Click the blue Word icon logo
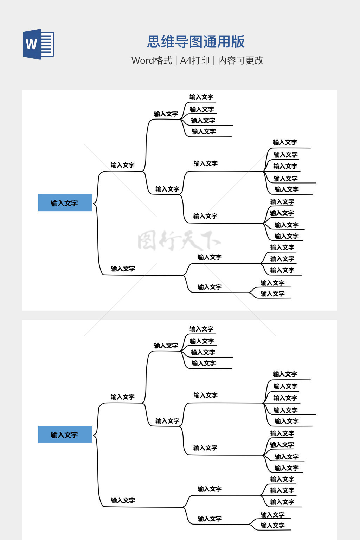tap(39, 44)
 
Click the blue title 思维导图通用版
tap(196, 41)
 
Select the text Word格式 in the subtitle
tap(152, 60)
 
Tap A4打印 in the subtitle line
tap(195, 60)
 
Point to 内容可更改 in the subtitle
tap(241, 60)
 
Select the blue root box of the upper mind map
tap(65, 203)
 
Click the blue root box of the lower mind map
tap(65, 435)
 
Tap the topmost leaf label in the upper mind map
tap(201, 97)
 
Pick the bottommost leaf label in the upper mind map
tap(272, 294)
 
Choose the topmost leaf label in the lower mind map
tap(201, 329)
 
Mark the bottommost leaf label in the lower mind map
tap(272, 525)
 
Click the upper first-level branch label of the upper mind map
tap(122, 165)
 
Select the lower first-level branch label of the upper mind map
tap(123, 269)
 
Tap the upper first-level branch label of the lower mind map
tap(122, 397)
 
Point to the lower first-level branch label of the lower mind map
tap(123, 500)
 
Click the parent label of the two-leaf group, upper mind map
tap(210, 287)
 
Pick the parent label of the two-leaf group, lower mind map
tap(210, 519)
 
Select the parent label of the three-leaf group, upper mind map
tap(210, 257)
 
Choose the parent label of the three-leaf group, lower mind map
tap(210, 489)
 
